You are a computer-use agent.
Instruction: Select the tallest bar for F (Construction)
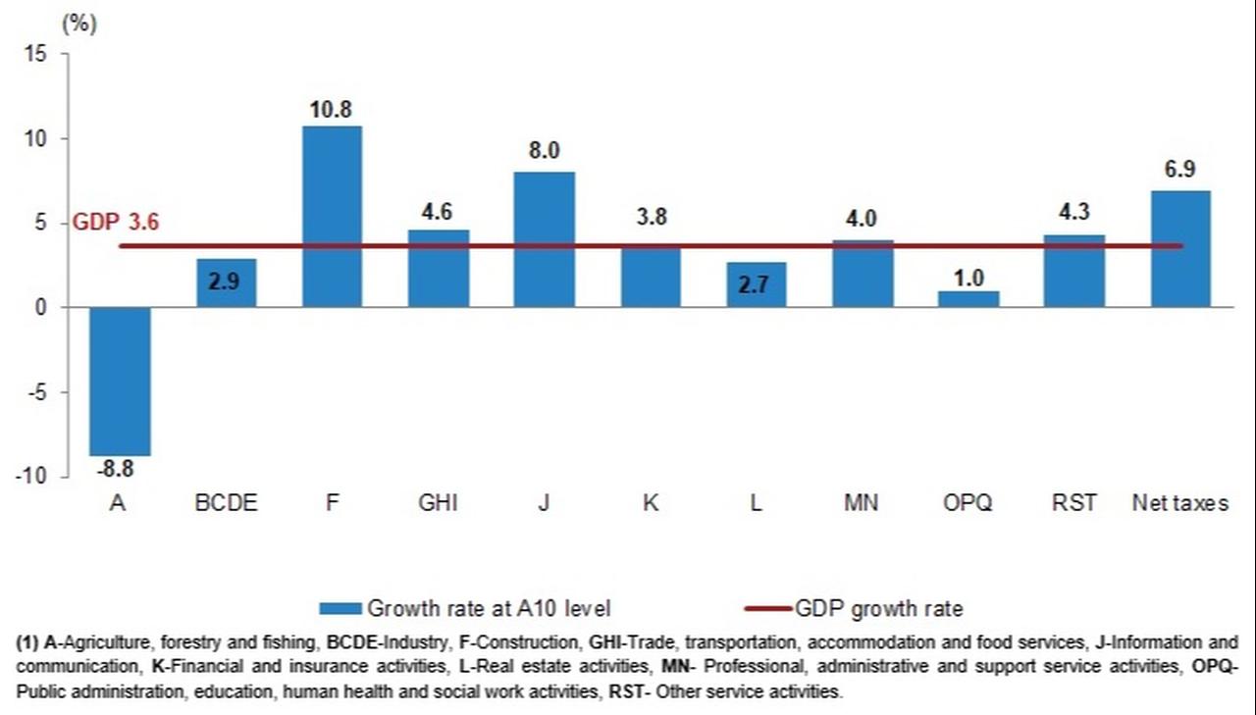click(332, 216)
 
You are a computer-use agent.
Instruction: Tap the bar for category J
click(544, 239)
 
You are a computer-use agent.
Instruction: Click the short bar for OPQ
click(968, 299)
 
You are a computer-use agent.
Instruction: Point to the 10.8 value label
click(332, 110)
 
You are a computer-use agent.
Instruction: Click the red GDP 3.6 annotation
click(116, 223)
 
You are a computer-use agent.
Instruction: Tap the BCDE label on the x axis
click(226, 504)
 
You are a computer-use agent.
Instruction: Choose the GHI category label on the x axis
click(438, 504)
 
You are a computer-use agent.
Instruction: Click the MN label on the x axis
click(862, 504)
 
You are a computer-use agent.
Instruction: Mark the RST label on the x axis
click(1073, 504)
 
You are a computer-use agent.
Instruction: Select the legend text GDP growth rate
click(879, 609)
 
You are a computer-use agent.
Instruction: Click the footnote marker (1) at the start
click(27, 643)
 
